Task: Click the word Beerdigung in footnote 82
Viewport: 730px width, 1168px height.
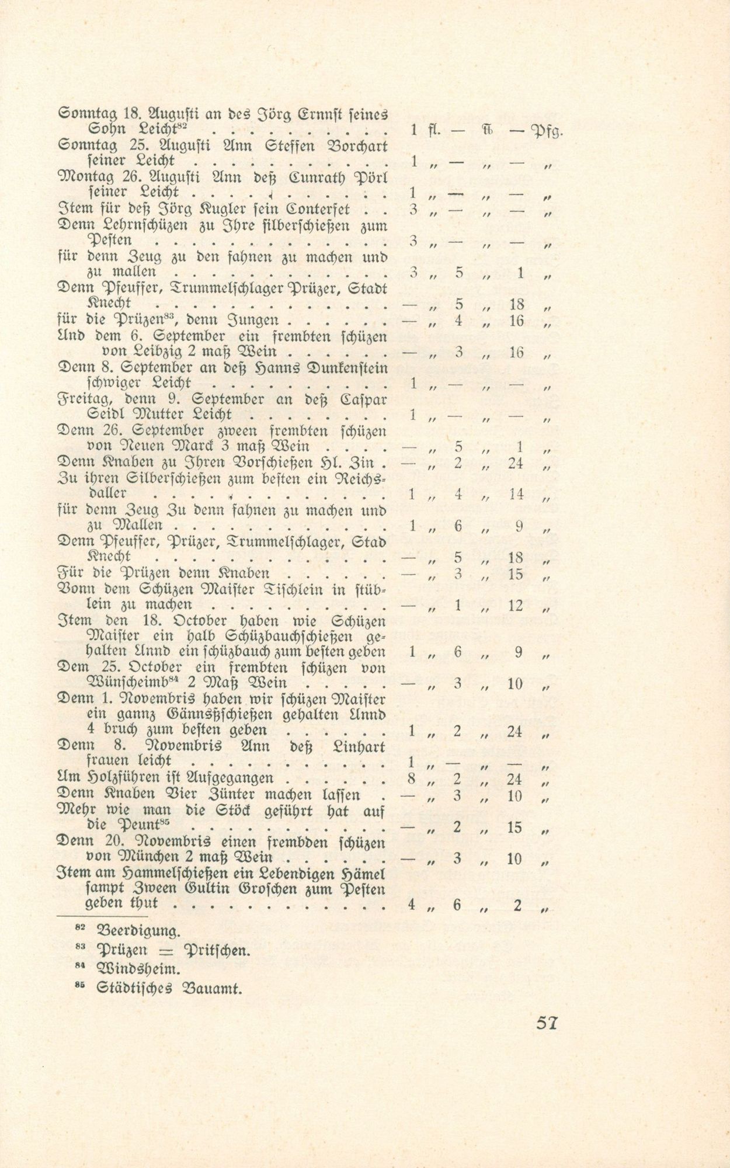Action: [x=137, y=930]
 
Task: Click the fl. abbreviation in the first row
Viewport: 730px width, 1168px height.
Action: [x=433, y=130]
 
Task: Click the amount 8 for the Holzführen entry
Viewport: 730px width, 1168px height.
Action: [x=412, y=778]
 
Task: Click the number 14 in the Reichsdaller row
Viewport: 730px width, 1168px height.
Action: [x=516, y=494]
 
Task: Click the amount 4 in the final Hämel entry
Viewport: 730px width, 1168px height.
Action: [x=412, y=905]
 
